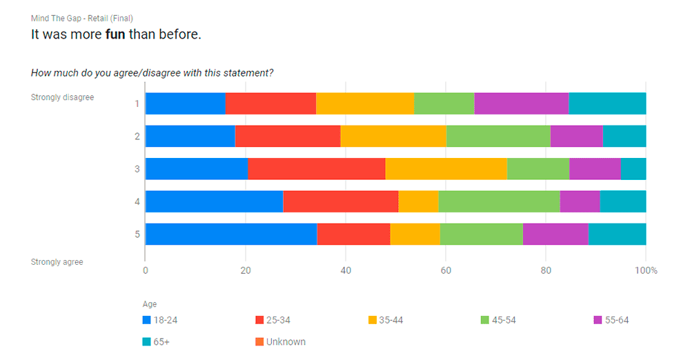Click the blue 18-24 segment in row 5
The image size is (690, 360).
231,234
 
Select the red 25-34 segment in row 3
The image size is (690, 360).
317,168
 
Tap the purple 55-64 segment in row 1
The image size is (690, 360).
522,103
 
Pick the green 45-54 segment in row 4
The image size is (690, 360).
499,201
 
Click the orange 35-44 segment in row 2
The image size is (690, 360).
393,136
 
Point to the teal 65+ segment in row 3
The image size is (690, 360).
633,168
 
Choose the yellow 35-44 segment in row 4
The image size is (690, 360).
419,201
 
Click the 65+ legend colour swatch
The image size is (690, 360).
146,341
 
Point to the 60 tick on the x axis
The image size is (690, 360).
446,270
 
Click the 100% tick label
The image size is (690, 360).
647,270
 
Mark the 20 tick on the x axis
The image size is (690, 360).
245,270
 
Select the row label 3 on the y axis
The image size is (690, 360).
137,169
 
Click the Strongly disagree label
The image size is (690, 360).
62,97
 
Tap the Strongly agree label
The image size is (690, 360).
57,262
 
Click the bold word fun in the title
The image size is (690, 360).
115,34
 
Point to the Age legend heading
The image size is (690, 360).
149,304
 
